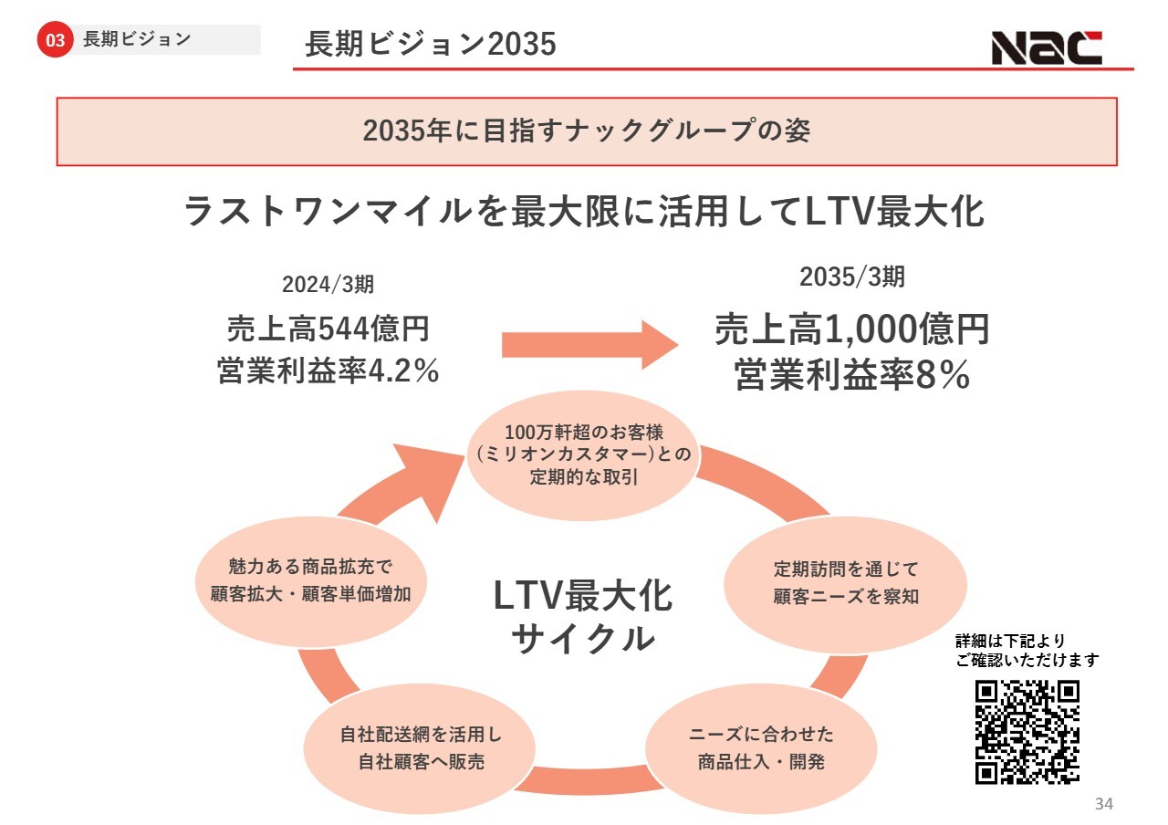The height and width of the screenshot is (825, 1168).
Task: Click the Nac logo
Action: click(1046, 47)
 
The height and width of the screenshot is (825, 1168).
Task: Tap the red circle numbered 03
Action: click(56, 40)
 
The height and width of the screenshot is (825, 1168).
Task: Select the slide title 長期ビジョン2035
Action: click(431, 44)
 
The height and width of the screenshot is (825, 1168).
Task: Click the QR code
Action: click(1027, 731)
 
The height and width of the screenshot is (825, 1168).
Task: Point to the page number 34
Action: click(1103, 804)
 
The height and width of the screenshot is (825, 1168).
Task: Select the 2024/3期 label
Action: click(328, 284)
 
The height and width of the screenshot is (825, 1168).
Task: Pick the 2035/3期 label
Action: click(852, 277)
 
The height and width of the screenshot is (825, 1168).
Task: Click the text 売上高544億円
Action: click(328, 328)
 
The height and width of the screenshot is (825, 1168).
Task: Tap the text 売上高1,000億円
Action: click(852, 330)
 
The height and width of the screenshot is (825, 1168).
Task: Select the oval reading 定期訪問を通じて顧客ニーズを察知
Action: click(845, 583)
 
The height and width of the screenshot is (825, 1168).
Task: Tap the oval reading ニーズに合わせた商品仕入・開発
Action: click(761, 747)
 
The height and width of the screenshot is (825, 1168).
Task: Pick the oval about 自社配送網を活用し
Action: click(421, 747)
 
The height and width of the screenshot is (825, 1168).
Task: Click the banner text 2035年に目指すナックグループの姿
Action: click(586, 131)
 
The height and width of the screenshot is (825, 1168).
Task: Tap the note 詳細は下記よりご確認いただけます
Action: click(1027, 650)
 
